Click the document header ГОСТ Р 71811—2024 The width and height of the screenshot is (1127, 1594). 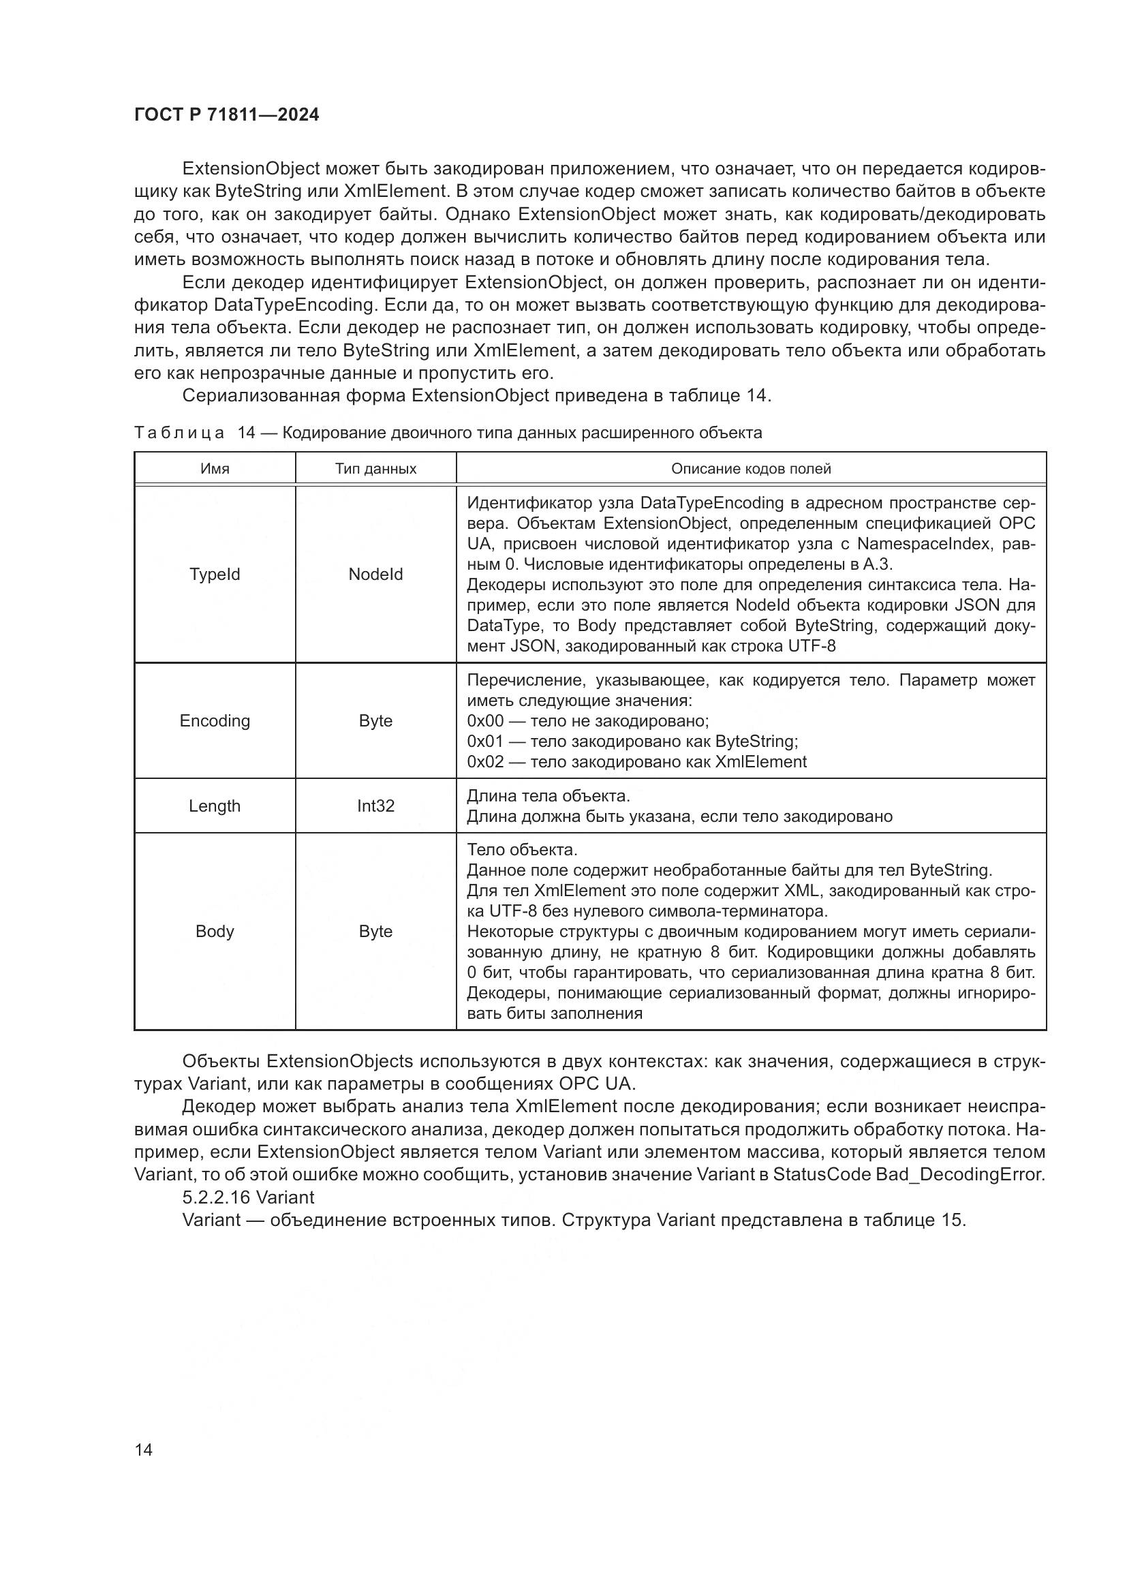tap(226, 115)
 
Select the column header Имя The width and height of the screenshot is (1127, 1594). tap(215, 469)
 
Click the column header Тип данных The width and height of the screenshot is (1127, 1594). tap(375, 469)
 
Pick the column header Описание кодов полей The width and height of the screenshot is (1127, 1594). tap(751, 469)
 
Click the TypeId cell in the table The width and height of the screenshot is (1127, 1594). tap(215, 574)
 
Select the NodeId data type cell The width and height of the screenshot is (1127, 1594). tap(375, 574)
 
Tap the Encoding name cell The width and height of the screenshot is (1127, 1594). tap(215, 720)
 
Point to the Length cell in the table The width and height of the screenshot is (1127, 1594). tap(215, 806)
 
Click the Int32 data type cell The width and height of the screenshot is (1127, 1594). tap(375, 806)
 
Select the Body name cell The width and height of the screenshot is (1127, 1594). tap(215, 931)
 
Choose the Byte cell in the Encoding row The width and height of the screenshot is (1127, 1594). tap(375, 720)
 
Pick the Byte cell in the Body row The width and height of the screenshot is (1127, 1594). tap(375, 931)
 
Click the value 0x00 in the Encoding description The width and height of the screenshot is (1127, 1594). tap(485, 720)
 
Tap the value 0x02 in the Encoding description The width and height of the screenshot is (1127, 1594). tap(485, 762)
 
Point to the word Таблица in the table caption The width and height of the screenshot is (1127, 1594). tap(179, 433)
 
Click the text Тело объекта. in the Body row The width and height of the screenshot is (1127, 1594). tap(522, 850)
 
